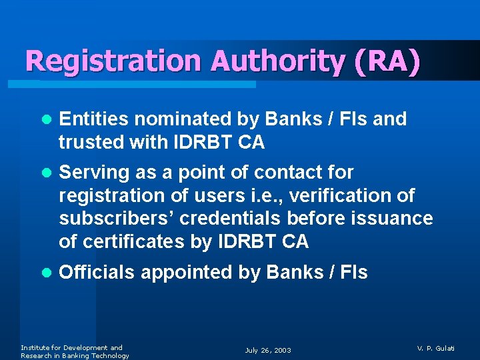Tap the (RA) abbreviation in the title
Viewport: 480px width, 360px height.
click(388, 61)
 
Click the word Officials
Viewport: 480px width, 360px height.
click(97, 272)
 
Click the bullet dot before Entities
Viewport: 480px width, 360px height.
click(45, 120)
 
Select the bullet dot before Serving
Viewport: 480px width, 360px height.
click(45, 173)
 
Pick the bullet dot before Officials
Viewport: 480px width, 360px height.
click(45, 273)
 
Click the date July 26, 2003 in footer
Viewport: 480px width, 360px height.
click(268, 350)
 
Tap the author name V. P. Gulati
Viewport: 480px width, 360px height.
click(436, 348)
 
